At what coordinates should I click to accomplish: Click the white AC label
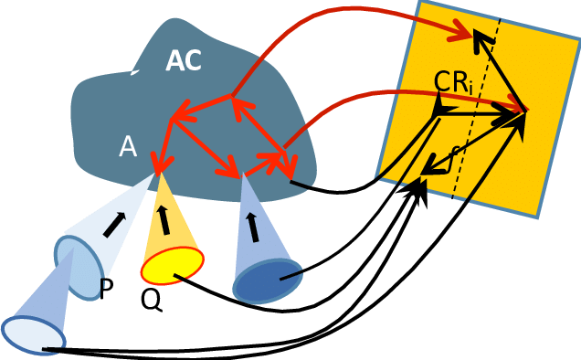[184, 61]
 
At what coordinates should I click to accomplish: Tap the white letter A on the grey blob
[127, 147]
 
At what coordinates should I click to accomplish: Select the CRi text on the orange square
[454, 82]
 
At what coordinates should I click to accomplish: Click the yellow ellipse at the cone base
[172, 266]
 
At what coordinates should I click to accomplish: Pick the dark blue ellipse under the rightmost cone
[267, 281]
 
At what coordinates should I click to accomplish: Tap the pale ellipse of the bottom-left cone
[33, 334]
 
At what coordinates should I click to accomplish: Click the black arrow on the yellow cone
[164, 219]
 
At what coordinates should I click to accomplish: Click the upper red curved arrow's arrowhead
[462, 36]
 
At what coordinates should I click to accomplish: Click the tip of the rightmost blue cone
[242, 176]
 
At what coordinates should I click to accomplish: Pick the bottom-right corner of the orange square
[538, 217]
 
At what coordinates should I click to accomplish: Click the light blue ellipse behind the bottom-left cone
[77, 268]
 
